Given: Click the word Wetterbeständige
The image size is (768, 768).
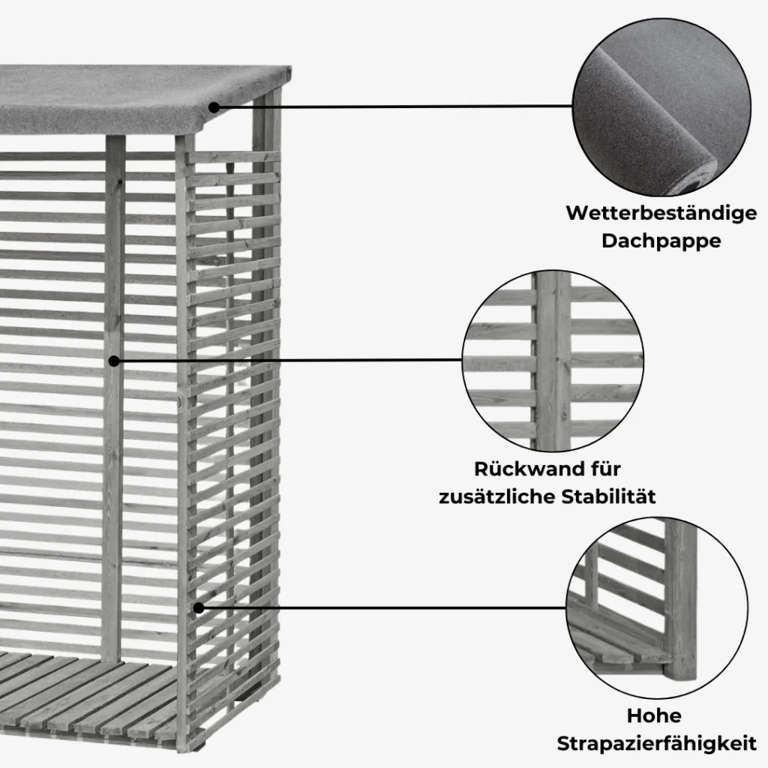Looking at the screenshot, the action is click(x=661, y=214).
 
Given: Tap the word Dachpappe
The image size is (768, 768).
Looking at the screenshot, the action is click(x=661, y=241).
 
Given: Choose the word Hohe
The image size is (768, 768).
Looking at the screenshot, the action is click(x=654, y=715).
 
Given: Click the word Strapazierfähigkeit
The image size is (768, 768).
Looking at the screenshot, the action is click(x=656, y=743).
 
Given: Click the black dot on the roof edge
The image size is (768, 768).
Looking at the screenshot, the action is click(x=214, y=107).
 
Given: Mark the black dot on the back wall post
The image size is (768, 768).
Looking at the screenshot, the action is click(x=114, y=361).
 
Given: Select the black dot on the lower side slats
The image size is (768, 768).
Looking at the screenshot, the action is click(x=198, y=607).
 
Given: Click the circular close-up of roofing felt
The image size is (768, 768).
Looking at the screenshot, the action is click(x=661, y=106).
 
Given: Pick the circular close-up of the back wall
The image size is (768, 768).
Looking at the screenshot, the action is click(x=553, y=360).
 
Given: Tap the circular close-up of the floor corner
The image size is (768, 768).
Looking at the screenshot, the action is click(x=656, y=607).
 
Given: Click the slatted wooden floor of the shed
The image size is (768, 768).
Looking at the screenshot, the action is click(x=88, y=695).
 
